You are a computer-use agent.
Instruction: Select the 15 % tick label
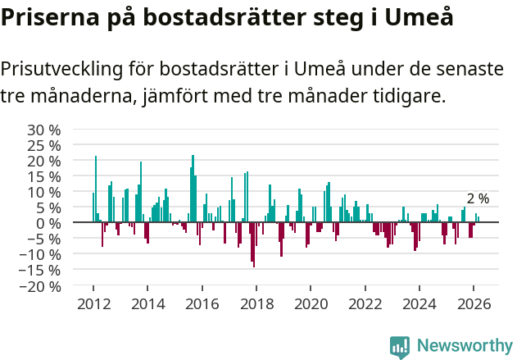tap(43, 176)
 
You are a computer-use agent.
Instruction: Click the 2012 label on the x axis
tap(93, 304)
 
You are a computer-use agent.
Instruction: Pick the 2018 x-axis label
tap(256, 304)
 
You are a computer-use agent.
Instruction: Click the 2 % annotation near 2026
tap(478, 198)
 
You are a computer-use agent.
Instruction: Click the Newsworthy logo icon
tap(400, 347)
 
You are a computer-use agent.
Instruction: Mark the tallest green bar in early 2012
tap(96, 189)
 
